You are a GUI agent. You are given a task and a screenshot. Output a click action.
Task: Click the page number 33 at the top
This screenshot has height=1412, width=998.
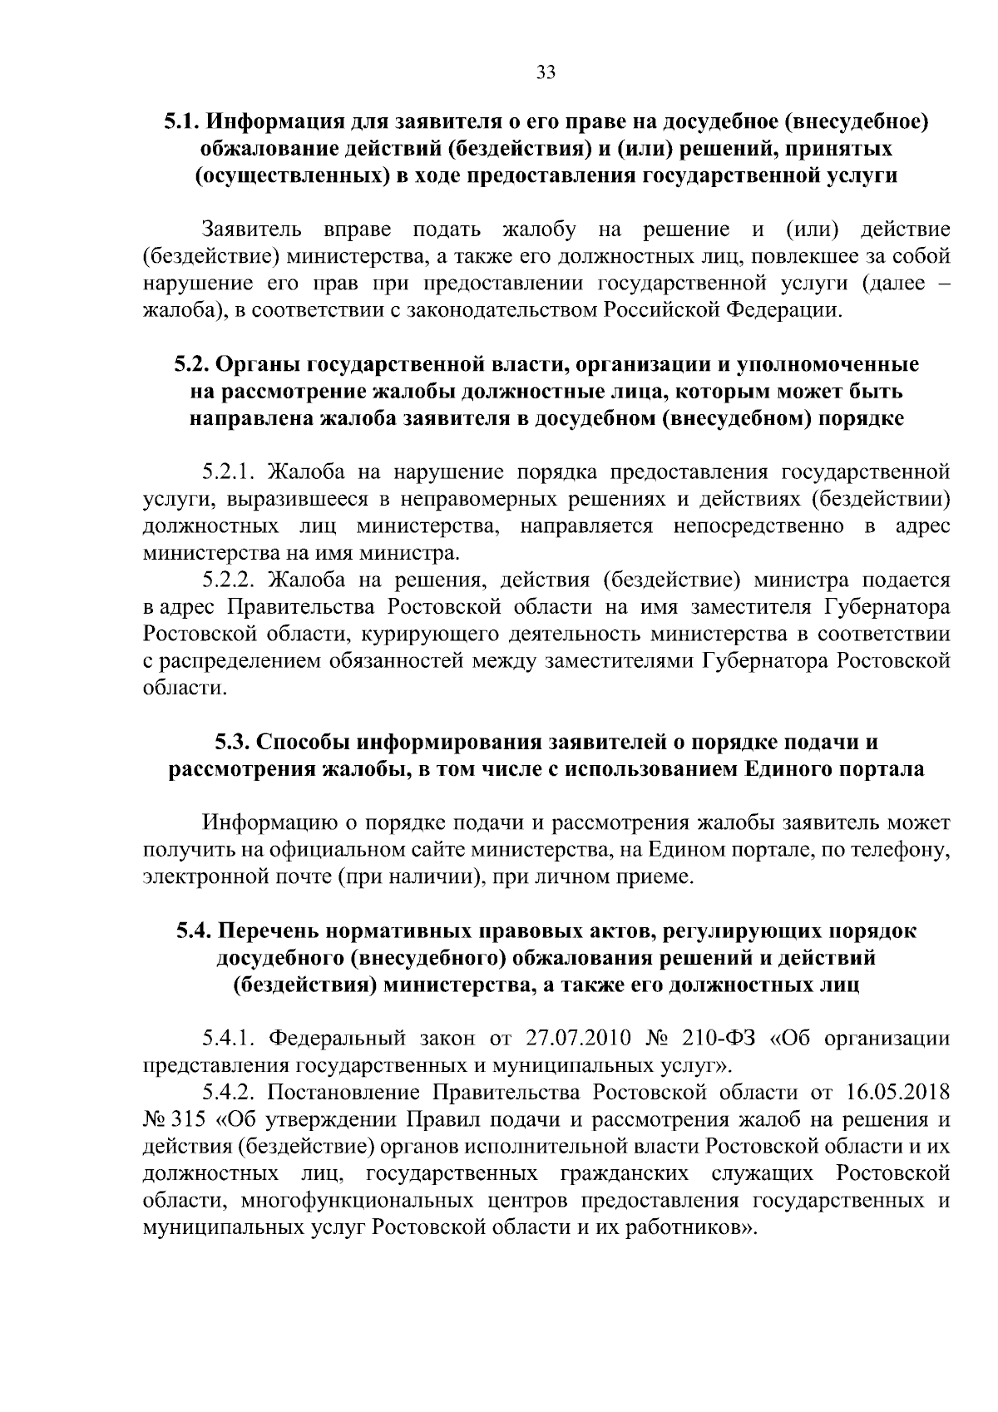545,72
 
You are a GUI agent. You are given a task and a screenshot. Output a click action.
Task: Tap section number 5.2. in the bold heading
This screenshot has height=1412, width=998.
194,364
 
